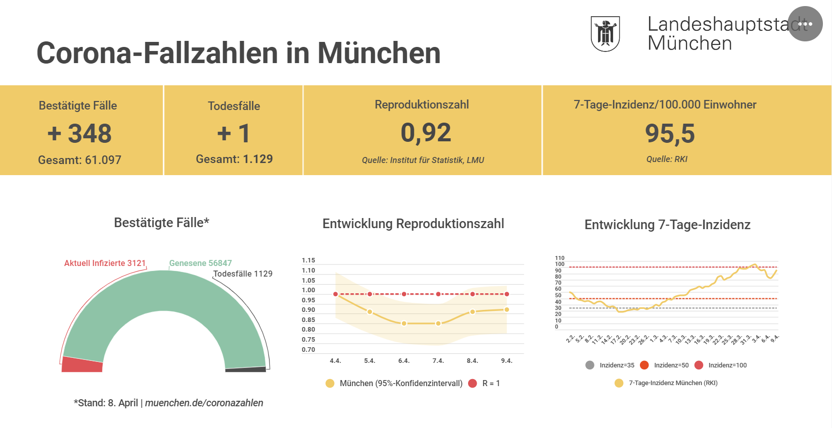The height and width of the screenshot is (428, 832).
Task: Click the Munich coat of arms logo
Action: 605,33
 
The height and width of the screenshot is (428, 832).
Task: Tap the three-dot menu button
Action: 805,24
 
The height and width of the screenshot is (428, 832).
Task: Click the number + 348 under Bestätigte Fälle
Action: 80,133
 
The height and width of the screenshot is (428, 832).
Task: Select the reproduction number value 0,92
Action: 426,133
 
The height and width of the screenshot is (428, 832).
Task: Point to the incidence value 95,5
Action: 670,134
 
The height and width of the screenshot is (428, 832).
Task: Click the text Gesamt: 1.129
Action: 234,159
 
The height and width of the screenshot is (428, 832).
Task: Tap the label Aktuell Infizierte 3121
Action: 105,263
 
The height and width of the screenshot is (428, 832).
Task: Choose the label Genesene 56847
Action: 200,263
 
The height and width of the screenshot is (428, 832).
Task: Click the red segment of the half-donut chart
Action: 82,364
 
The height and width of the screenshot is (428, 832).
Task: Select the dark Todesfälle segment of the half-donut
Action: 246,369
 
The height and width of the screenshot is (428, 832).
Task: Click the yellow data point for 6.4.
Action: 404,323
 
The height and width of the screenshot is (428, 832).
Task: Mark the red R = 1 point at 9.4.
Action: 506,294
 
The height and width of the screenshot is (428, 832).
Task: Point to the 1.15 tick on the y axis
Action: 308,260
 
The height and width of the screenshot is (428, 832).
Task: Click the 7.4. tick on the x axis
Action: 438,361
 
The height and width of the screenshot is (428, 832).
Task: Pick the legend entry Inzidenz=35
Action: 610,365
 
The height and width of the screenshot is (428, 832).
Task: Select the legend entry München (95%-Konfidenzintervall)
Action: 394,383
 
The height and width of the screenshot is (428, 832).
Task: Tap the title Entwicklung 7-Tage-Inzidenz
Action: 667,225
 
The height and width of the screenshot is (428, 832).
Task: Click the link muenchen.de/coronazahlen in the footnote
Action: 204,403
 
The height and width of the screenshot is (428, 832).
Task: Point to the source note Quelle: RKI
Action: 667,159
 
